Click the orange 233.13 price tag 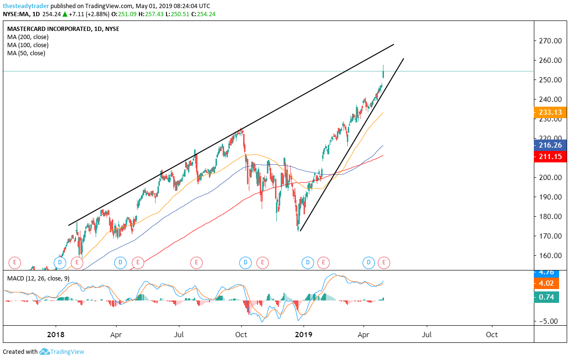[550, 113]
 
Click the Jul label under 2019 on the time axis [427, 334]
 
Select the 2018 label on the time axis [56, 334]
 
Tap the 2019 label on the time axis [304, 334]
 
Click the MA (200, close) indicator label [28, 37]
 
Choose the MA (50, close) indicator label [26, 53]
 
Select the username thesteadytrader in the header [25, 6]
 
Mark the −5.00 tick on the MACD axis [549, 321]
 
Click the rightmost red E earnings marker [384, 262]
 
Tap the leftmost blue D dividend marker [59, 262]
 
